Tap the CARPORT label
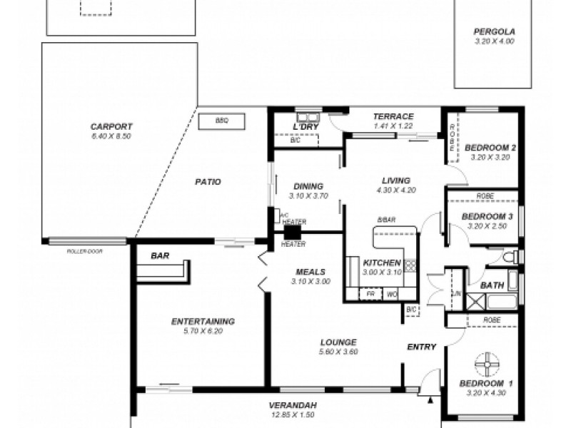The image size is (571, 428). tap(111, 126)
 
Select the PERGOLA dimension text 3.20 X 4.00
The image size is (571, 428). tap(494, 41)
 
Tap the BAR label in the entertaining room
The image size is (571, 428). tap(160, 255)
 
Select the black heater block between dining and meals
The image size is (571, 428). tap(291, 232)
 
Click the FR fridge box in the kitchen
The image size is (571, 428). tap(371, 292)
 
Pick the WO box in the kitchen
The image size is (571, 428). tap(391, 292)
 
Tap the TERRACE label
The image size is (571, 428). tap(393, 116)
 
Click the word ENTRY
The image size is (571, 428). tap(421, 347)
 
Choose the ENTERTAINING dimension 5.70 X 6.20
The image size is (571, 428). tap(203, 331)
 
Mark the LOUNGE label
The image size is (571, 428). tap(338, 342)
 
